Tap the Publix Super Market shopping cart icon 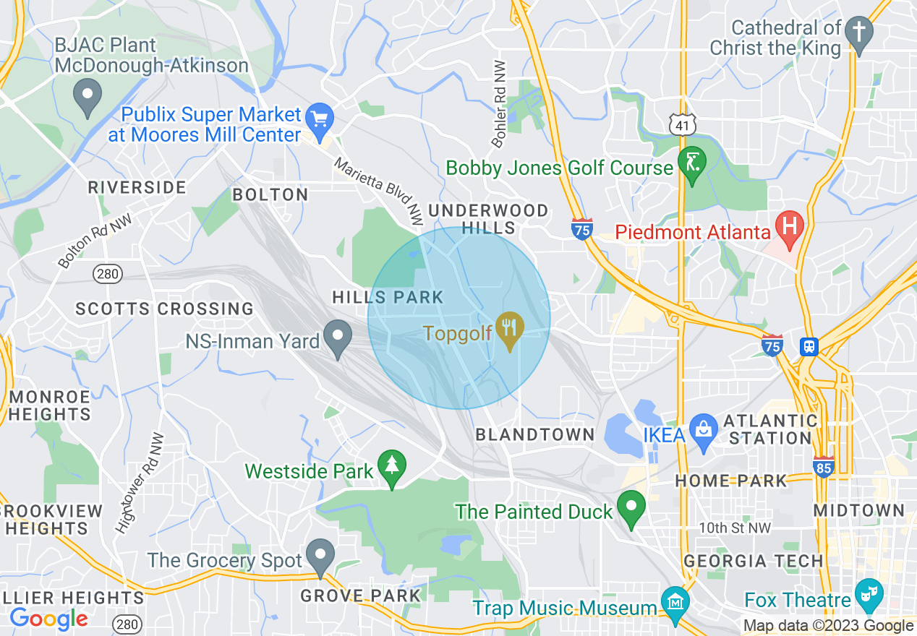(x=319, y=118)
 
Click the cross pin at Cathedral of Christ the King (x=859, y=33)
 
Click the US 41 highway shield (x=682, y=126)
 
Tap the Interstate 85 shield (x=823, y=466)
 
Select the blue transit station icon (x=809, y=347)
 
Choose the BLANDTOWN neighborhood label (x=534, y=435)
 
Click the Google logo (x=48, y=619)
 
